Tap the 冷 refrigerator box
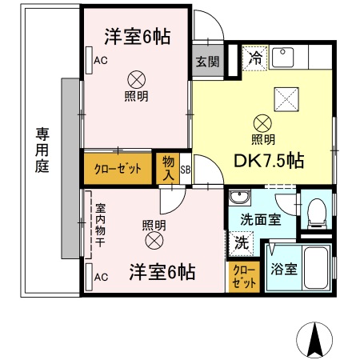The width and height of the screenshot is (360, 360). coord(254,57)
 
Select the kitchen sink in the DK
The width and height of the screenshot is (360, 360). coord(283,57)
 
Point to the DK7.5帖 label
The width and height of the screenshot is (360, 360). coord(268,160)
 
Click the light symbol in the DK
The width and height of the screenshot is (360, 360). coord(262,122)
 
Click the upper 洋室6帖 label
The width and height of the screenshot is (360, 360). coord(138,37)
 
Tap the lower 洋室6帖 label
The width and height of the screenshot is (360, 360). coord(162,272)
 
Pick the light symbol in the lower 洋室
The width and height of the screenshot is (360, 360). coord(153,239)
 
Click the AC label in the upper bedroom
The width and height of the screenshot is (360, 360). coord(100,61)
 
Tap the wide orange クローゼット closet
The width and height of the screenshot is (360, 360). coord(118,168)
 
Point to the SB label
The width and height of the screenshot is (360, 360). coord(185,170)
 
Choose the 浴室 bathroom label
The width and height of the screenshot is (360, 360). coord(283,270)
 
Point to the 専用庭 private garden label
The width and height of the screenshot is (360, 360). coord(41,151)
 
